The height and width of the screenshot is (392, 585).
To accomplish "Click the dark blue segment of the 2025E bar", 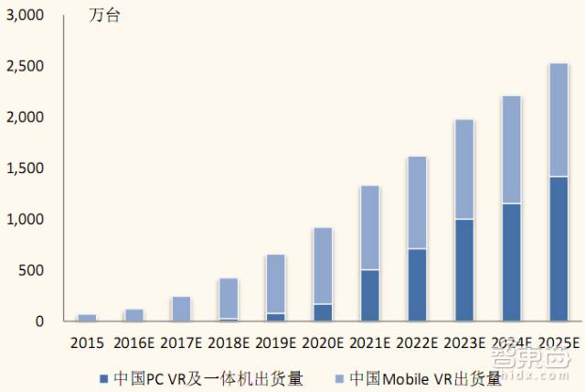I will pyautogui.click(x=558, y=248).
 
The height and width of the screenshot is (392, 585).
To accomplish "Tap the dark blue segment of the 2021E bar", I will pyautogui.click(x=369, y=295).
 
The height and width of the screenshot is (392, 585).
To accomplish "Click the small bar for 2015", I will pyautogui.click(x=87, y=318).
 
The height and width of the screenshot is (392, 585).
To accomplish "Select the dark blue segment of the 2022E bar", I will pyautogui.click(x=417, y=285).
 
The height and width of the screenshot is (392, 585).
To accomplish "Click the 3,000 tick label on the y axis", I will pyautogui.click(x=25, y=16).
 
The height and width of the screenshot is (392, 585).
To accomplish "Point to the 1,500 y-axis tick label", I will pyautogui.click(x=25, y=169).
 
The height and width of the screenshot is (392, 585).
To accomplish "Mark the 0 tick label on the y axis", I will pyautogui.click(x=39, y=321).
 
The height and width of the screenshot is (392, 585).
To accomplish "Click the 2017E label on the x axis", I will pyautogui.click(x=181, y=344).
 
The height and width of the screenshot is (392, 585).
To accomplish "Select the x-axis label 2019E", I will pyautogui.click(x=275, y=344).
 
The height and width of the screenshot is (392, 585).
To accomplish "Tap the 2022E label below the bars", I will pyautogui.click(x=417, y=344).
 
